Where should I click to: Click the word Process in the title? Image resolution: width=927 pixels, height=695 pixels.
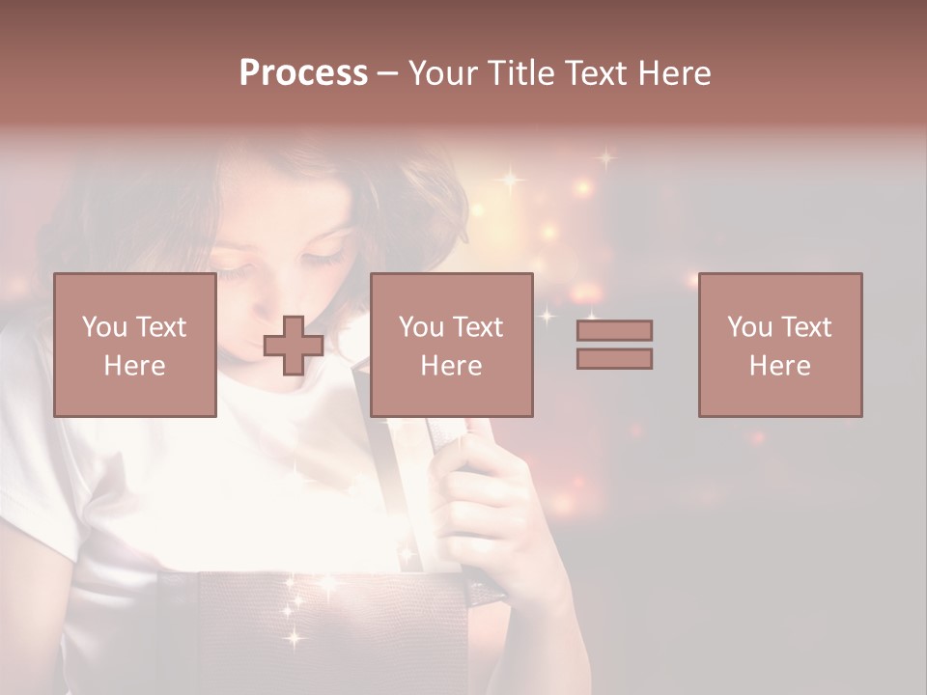pos(303,73)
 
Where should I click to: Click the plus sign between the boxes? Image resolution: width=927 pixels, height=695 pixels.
pos(294,345)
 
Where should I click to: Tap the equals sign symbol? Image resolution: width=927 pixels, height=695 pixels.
pos(614,345)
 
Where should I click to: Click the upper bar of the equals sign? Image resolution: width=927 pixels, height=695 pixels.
pos(614,330)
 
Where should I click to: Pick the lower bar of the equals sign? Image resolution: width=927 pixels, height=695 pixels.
pos(614,359)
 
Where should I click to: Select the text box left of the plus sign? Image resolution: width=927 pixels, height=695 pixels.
pos(134,345)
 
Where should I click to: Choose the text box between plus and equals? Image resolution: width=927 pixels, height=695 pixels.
pos(451,345)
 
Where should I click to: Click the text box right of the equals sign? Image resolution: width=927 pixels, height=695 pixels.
pos(779,345)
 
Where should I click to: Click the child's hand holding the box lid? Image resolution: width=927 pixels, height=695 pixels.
pos(473,502)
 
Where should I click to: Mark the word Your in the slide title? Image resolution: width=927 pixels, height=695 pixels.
pos(442,73)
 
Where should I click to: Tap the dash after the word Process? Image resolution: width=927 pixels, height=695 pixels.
pos(386,74)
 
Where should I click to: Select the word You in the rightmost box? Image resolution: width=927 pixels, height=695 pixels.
pos(749,327)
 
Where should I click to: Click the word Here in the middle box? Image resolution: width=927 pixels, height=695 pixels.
pos(451,365)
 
